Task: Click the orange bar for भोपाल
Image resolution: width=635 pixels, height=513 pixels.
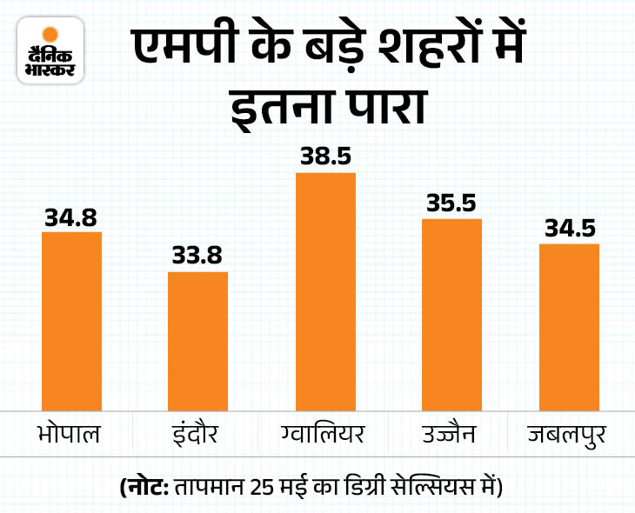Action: [71, 320]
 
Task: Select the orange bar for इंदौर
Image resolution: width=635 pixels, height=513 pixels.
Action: [197, 340]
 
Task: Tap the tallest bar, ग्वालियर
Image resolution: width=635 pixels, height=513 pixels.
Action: [325, 290]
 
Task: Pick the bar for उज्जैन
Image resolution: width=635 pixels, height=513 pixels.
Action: [451, 314]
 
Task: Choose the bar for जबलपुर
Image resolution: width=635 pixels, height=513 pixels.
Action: [569, 326]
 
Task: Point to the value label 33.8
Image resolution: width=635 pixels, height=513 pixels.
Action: [197, 258]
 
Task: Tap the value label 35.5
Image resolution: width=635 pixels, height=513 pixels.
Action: [451, 205]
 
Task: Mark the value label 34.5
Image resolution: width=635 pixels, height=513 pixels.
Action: [569, 230]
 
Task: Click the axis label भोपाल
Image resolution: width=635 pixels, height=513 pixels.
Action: [71, 432]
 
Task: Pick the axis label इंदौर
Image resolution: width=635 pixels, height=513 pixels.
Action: [197, 432]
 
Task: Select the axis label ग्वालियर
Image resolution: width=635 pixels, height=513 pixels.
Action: [325, 432]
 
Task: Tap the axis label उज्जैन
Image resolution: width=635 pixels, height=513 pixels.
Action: [451, 432]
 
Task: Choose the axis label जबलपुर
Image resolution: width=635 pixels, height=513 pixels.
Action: [569, 432]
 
